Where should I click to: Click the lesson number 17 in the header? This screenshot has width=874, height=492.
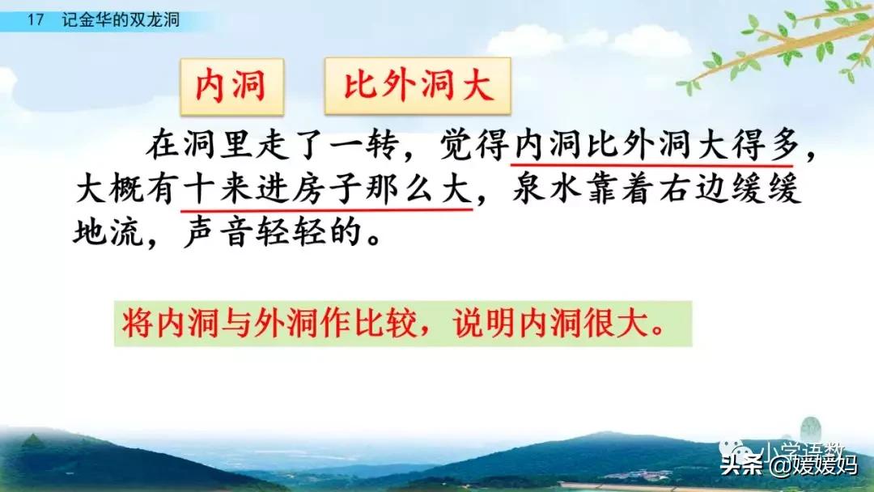click(35, 20)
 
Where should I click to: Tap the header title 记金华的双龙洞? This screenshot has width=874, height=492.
click(121, 20)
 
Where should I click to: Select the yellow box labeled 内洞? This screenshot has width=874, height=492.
click(232, 87)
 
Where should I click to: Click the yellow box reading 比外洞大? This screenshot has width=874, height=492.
click(418, 86)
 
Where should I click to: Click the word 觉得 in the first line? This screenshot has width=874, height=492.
click(474, 145)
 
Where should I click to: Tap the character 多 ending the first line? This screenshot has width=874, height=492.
click(783, 145)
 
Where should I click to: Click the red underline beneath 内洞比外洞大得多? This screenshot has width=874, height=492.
click(652, 165)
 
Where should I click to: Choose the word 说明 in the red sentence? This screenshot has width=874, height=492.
click(485, 323)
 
